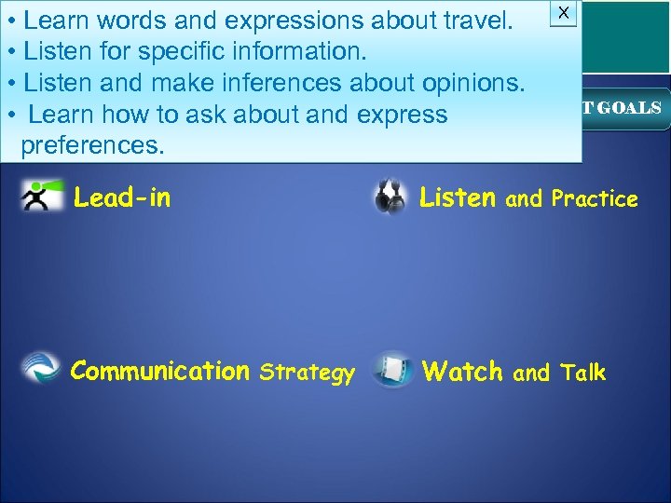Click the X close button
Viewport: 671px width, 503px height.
[563, 12]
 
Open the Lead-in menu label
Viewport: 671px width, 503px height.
[122, 197]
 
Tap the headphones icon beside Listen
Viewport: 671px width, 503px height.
[390, 197]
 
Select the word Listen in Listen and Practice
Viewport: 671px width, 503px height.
[458, 197]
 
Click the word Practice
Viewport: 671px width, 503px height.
[595, 198]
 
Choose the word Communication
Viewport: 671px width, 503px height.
[159, 372]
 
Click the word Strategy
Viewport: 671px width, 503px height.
[307, 374]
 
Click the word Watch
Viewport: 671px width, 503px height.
[462, 373]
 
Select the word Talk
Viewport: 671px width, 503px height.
[583, 374]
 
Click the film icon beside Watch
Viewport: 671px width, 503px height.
[392, 370]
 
